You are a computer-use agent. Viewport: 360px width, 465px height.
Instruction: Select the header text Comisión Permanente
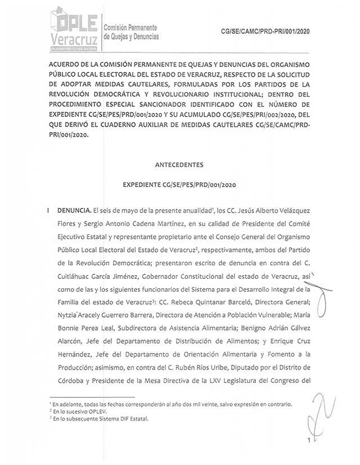(130, 28)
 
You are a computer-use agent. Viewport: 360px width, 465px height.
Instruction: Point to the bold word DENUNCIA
(71, 210)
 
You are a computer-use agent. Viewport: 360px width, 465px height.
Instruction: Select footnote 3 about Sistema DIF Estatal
(92, 418)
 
